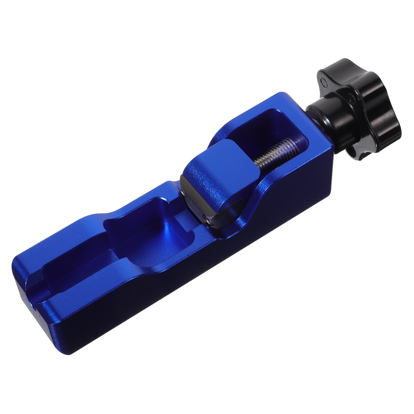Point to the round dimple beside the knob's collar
click(x=351, y=97)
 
